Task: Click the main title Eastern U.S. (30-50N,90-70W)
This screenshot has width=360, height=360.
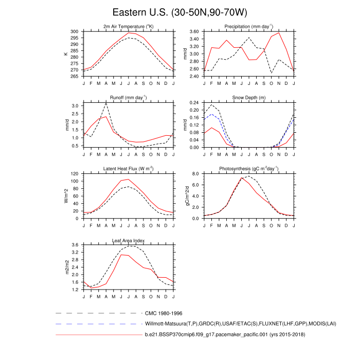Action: pos(180,12)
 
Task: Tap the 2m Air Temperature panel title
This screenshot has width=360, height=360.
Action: pos(129,27)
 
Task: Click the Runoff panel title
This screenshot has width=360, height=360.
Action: pos(129,97)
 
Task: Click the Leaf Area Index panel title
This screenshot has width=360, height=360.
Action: pos(129,240)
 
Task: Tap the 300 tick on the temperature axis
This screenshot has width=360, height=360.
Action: pos(75,31)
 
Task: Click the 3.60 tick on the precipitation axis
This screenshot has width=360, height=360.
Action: pos(194,31)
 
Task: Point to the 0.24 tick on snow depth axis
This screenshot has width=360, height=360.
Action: pos(194,102)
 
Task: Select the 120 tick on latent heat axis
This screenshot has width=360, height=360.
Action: pos(75,174)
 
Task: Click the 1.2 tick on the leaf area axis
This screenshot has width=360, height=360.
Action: pos(76,290)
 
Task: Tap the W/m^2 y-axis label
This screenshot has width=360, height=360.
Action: pos(66,196)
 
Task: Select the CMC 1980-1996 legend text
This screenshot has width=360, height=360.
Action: pos(164,313)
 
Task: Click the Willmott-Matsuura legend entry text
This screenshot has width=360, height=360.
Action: pos(216,324)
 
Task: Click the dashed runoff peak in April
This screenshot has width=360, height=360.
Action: pos(106,103)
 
